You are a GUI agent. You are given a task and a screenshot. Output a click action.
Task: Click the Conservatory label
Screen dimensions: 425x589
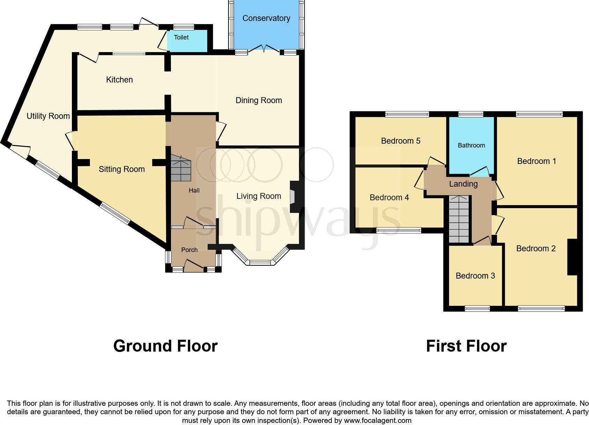pos(266,18)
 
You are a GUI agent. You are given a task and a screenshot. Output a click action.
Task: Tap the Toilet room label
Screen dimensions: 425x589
pos(181,37)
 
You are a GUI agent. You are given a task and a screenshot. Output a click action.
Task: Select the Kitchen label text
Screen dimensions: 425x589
pos(119,80)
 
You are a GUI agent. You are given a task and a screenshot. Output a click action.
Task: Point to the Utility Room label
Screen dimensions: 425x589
pos(48,116)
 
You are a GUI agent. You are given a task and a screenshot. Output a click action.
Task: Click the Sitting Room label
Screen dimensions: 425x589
pos(121,169)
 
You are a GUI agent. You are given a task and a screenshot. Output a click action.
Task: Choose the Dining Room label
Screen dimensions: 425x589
pos(259,100)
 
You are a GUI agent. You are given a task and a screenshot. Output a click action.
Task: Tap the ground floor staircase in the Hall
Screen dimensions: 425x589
pos(181,168)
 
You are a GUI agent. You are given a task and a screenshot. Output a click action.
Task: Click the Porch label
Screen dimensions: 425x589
pos(189,250)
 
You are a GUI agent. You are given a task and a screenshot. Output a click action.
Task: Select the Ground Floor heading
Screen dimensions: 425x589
pos(165,346)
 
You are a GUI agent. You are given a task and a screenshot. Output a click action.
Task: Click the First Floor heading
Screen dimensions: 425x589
pos(466,346)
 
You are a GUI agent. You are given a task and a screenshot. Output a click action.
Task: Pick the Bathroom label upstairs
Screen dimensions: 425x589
pos(471,145)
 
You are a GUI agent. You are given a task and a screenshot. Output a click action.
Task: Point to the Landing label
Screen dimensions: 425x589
pos(463,184)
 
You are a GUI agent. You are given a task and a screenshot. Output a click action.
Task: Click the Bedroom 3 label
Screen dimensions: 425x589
pos(475,276)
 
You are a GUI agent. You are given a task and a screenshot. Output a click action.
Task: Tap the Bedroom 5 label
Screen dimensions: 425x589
pos(401,141)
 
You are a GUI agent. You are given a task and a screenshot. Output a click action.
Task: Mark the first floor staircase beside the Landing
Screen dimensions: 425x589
pos(458,219)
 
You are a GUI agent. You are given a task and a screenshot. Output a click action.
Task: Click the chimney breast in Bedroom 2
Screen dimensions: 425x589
pos(572,257)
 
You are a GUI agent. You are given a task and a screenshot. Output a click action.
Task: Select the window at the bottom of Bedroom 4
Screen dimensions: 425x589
pos(399,230)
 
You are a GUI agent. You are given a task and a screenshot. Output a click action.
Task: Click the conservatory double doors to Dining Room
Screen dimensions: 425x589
pos(264,49)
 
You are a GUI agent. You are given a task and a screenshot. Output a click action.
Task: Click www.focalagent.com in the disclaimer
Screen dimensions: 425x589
pos(378,420)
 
